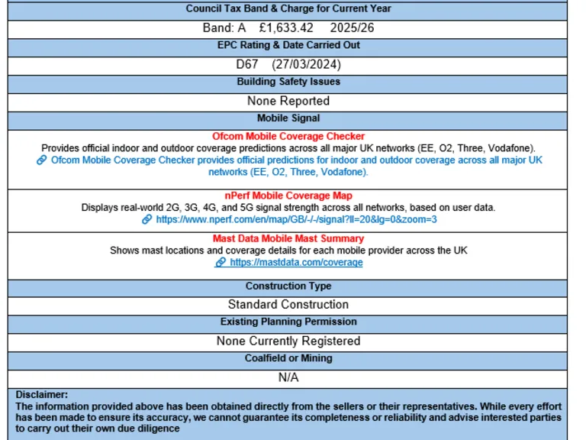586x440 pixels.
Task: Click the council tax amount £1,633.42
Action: point(287,28)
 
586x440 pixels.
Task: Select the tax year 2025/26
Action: point(353,28)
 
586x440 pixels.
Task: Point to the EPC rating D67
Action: point(247,64)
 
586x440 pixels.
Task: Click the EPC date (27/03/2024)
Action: point(307,64)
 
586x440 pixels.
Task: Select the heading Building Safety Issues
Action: point(288,82)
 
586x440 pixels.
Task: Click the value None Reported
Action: point(288,101)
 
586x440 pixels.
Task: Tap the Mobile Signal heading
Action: point(288,118)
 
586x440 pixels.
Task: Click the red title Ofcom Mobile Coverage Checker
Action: point(288,137)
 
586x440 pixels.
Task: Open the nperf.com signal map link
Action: point(296,219)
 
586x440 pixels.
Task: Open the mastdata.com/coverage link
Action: point(296,262)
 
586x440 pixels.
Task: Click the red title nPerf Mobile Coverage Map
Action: point(288,196)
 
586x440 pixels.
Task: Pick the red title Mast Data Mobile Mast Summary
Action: point(288,239)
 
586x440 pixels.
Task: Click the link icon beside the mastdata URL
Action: point(221,262)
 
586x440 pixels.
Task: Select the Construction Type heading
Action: point(288,286)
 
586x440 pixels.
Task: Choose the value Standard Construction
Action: point(288,305)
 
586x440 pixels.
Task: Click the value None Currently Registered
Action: point(288,341)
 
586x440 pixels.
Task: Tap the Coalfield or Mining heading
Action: point(288,358)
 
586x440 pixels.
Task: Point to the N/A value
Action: point(288,377)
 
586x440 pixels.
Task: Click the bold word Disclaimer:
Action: point(42,395)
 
